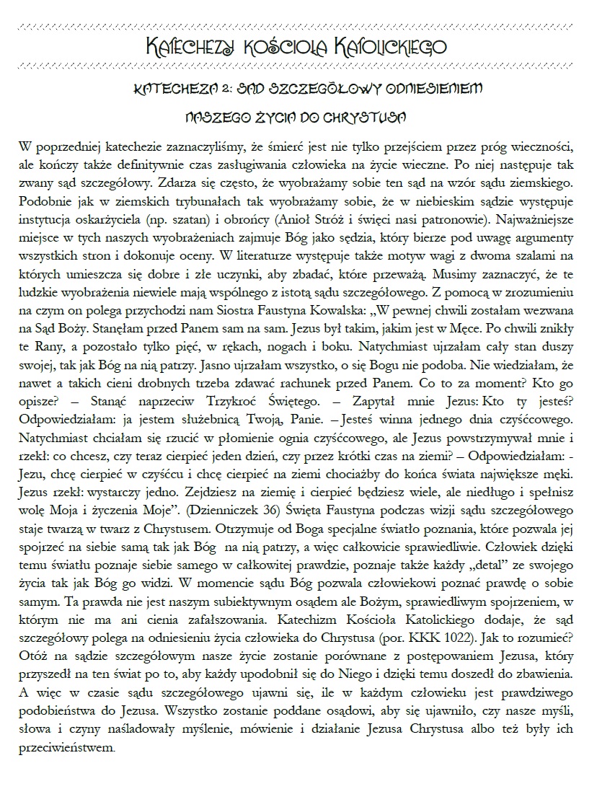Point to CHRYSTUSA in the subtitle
click(374, 115)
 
